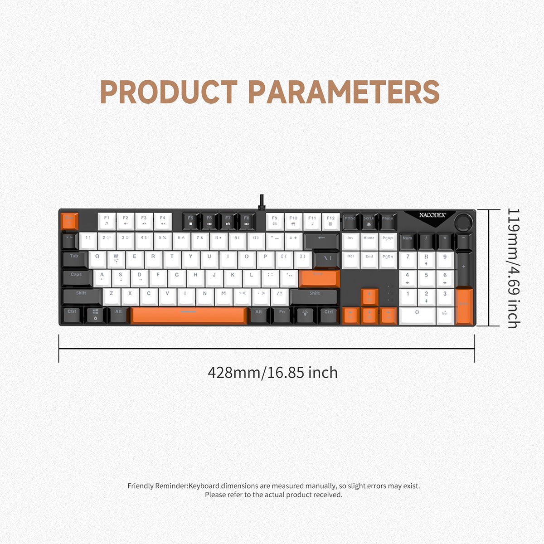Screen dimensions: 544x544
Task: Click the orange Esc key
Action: pos(69,221)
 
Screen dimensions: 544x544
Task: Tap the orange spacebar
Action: pos(189,315)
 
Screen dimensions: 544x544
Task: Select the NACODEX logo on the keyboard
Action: pos(432,215)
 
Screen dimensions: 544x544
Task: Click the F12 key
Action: pos(330,221)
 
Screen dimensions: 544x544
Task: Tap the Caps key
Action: pos(77,277)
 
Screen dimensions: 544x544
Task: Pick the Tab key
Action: pos(74,258)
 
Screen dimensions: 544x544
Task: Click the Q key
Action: pos(97,258)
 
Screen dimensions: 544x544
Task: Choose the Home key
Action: pos(369,240)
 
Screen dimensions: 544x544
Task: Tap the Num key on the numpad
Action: pos(408,240)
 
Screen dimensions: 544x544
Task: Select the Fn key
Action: pos(282,314)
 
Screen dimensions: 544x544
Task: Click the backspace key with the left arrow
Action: pos(321,240)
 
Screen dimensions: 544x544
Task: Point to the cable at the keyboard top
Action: pos(262,202)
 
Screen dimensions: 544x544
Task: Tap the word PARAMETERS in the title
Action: pos(344,92)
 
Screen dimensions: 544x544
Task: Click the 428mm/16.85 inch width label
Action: pos(272,373)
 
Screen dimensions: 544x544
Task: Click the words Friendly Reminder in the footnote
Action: pos(157,486)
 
